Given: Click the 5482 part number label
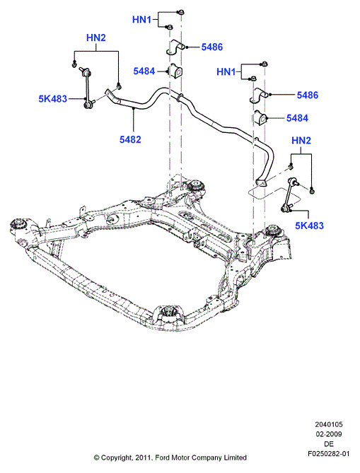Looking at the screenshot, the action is pos(130,139).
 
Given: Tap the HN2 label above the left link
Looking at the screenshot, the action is pos(96,38).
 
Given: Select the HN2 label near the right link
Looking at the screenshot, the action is pos(301,141).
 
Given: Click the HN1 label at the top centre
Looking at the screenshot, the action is pos(142,20).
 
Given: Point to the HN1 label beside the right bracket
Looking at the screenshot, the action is pos(226,72).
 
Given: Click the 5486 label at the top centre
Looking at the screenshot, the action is pos(212,47).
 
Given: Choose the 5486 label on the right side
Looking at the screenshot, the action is pos(308,95).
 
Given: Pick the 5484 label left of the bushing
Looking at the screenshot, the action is pos(144,71).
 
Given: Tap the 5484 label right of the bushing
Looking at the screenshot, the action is pos(297,118).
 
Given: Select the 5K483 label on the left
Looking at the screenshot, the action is pos(52,99).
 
